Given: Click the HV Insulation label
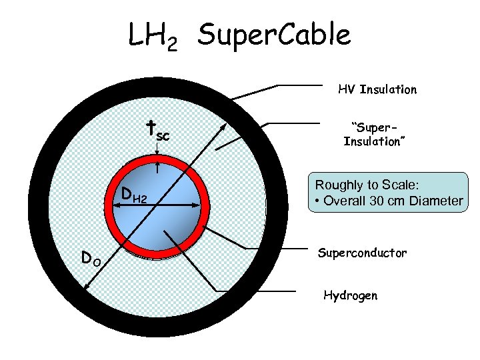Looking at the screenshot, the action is (x=377, y=89).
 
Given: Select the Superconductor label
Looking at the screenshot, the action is (x=362, y=253).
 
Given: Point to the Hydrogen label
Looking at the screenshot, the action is (x=350, y=295).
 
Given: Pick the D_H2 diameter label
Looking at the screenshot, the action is (x=133, y=196).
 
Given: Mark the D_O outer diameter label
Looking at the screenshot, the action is (x=91, y=257).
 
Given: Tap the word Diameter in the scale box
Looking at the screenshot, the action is (x=437, y=201).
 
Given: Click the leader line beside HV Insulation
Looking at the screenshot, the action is (x=300, y=85).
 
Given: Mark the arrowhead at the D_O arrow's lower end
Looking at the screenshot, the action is (x=87, y=287).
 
